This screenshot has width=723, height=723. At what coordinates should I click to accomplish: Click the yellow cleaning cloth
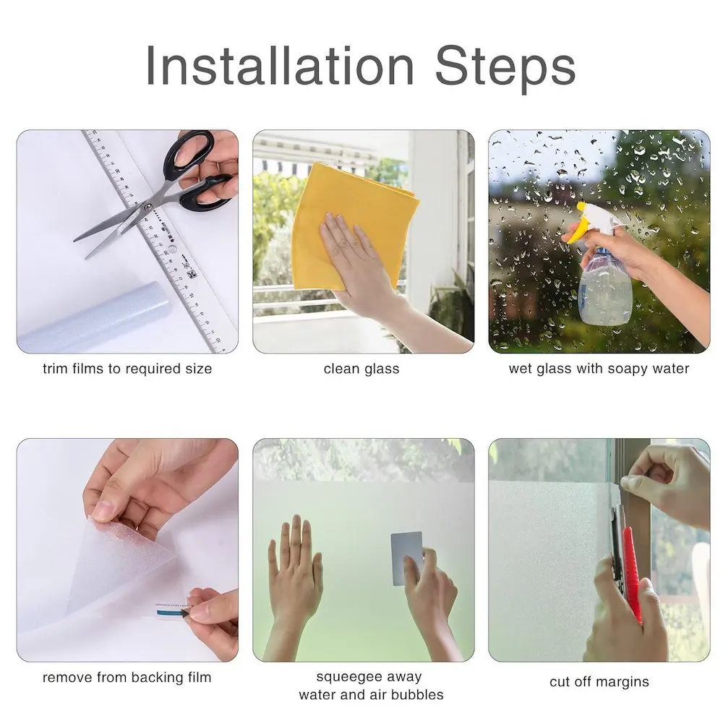point(354,217)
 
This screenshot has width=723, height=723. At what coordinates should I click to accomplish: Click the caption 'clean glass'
point(361,369)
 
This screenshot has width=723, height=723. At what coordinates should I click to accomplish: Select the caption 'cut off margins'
point(599,681)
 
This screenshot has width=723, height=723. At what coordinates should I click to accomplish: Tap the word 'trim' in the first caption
point(55,369)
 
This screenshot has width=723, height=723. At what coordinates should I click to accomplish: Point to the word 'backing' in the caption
point(154,677)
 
